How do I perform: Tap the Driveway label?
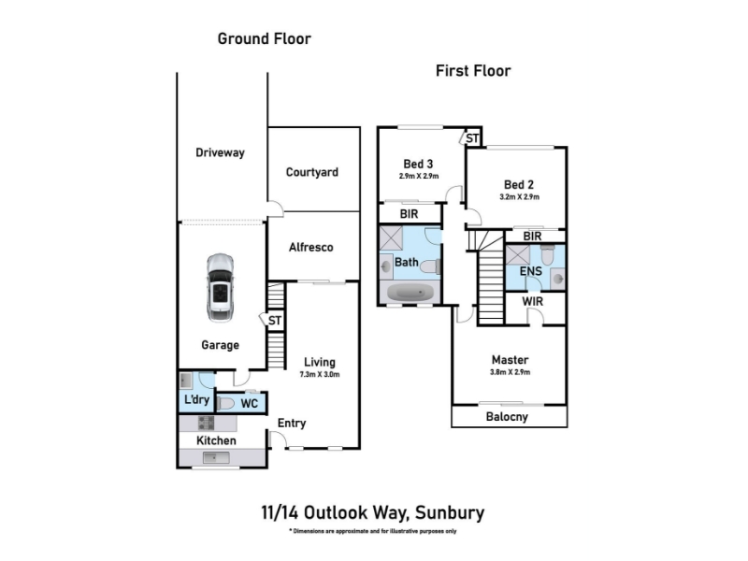(220, 152)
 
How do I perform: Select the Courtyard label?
(312, 172)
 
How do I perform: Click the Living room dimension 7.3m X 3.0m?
(319, 374)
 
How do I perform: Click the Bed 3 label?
(418, 161)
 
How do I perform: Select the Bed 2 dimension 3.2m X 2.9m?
(520, 197)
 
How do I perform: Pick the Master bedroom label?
(510, 359)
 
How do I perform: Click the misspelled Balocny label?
(509, 417)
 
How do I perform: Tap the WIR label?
(532, 302)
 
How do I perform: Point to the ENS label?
(531, 271)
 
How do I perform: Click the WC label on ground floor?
(249, 404)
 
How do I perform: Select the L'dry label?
(196, 399)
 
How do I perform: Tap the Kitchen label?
(215, 440)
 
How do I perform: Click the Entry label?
(292, 423)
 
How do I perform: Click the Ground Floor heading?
(264, 38)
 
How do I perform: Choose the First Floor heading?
(473, 70)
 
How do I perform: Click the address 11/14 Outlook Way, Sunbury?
(373, 512)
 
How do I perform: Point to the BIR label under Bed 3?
(409, 214)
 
